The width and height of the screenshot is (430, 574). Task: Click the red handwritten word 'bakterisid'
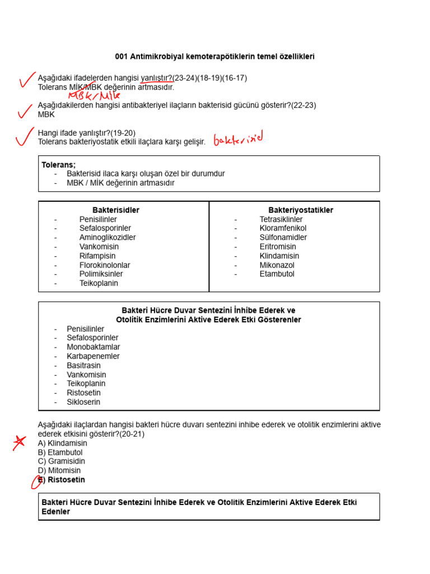(238, 138)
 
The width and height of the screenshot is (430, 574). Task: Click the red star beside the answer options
(20, 442)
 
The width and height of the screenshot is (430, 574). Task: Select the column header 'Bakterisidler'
(116, 210)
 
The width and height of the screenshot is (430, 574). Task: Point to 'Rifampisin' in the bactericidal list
(97, 256)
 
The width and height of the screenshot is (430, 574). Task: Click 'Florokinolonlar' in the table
(105, 265)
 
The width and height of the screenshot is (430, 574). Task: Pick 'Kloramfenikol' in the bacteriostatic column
(283, 228)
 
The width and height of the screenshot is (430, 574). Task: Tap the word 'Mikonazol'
(277, 265)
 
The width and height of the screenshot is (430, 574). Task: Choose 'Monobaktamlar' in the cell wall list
(93, 347)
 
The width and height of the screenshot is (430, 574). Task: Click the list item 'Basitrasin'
(84, 365)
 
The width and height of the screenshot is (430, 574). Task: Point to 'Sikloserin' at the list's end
(84, 402)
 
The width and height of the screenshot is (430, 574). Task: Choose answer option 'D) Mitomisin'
(59, 470)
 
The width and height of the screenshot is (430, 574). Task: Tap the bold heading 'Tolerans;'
(58, 165)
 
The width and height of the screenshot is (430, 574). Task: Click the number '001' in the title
(121, 57)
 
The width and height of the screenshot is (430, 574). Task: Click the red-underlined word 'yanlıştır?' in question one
(156, 78)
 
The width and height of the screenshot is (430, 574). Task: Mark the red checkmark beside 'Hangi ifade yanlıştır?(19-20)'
(22, 136)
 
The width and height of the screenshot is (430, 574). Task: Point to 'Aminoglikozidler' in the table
(107, 238)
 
